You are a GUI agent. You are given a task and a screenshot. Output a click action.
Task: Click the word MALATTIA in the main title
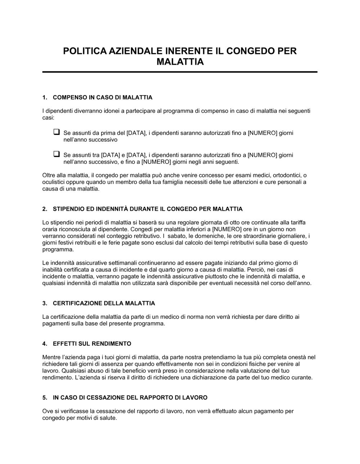180,62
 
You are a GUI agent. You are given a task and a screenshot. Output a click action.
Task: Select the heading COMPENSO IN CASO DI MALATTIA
103,97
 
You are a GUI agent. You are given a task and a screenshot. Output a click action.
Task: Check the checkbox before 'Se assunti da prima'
57,132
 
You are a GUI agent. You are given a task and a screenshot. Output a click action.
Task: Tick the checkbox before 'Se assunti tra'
57,155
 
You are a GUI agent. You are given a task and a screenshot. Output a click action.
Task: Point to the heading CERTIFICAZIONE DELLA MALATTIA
104,303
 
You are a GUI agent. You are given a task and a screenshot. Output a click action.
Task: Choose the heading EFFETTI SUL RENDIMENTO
92,344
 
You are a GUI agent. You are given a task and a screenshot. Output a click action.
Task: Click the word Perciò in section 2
255,269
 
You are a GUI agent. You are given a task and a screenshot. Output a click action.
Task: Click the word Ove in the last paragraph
47,411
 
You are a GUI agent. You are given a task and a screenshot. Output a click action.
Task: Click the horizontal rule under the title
180,72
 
